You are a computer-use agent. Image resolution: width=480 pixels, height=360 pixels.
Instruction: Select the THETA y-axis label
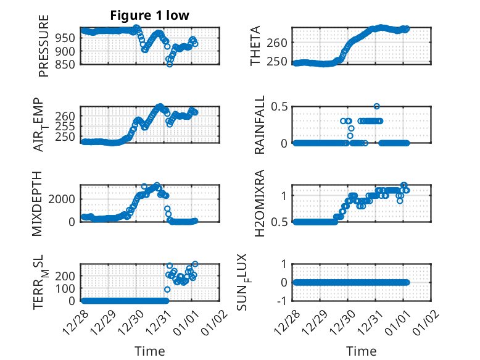pos(255,46)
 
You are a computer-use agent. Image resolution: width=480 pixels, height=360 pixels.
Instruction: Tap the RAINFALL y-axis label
pos(260,125)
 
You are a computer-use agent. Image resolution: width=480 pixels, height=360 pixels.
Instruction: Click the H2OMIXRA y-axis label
pos(260,204)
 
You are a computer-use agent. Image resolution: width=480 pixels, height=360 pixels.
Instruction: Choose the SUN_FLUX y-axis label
pos(260,283)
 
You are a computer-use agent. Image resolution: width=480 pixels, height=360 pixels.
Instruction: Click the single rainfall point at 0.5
pos(376,106)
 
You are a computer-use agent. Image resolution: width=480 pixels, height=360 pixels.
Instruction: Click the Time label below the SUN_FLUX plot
pos(361,351)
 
